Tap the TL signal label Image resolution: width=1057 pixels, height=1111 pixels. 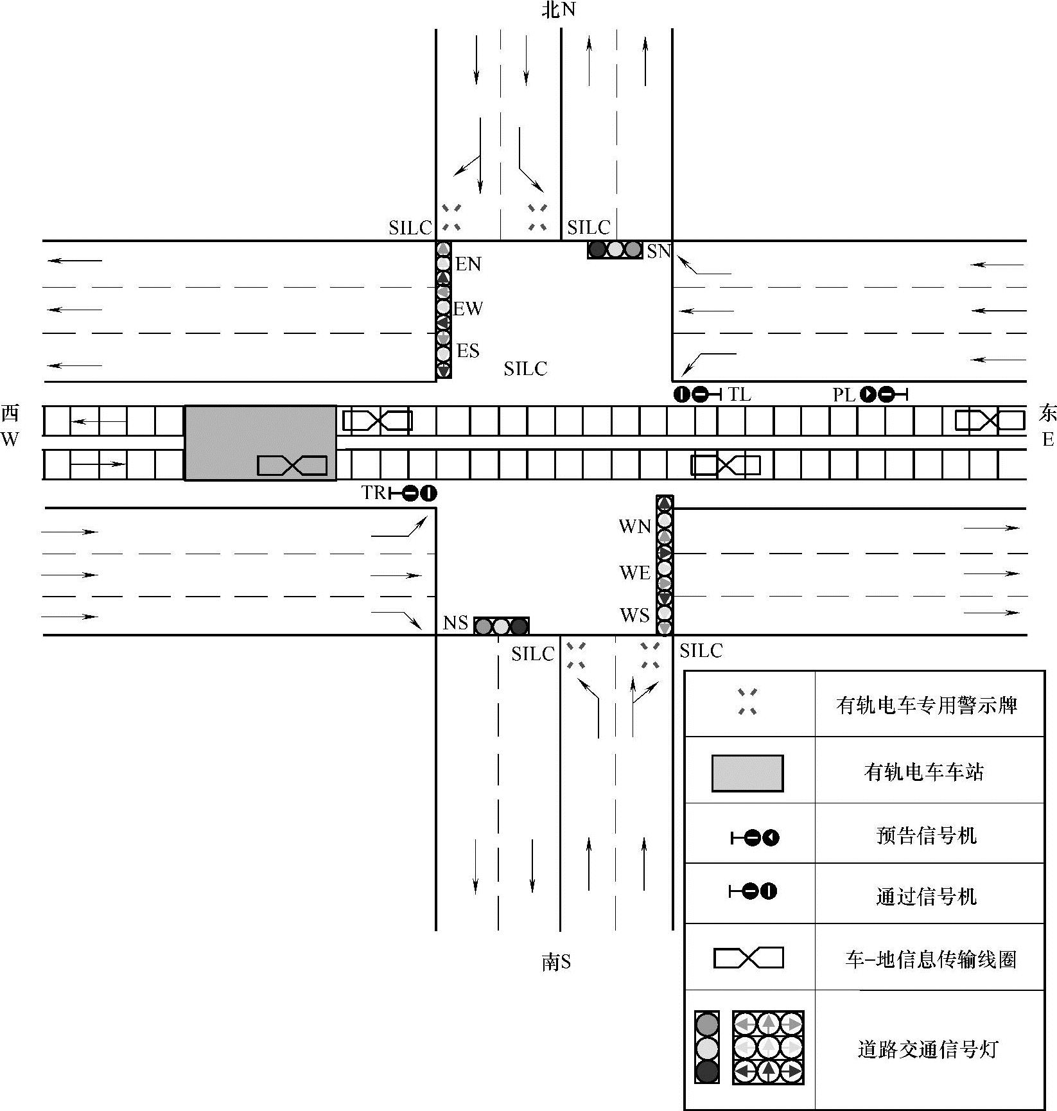pos(739,394)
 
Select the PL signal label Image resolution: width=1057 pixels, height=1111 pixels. pos(844,395)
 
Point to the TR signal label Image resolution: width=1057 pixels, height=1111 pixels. pos(373,493)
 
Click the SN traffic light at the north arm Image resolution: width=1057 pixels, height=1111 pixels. pos(615,250)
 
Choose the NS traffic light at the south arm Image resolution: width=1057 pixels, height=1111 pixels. pos(501,625)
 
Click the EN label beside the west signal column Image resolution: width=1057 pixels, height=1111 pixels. pos(468,264)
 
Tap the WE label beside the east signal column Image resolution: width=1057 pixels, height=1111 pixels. pos(634,572)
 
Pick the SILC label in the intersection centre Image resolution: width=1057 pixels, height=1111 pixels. pos(525,369)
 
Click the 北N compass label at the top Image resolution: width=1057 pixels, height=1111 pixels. pos(558,10)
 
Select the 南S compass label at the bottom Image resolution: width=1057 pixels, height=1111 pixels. pos(556,962)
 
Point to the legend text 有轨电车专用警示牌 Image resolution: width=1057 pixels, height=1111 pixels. pos(927,705)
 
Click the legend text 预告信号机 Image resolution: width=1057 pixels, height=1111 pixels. pos(926,835)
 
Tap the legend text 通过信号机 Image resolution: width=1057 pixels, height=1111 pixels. pos(926,896)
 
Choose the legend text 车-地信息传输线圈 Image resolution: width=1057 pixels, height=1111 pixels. pos(930,959)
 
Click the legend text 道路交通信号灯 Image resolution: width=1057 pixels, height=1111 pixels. pos(927,1049)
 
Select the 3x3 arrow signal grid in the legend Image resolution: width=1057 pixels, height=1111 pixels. pos(768,1047)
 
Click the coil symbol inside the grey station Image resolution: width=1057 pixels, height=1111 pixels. pos(292,466)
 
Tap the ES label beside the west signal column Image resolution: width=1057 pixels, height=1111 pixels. pos(467,351)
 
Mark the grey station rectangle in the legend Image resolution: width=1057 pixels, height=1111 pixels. pos(747,773)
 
